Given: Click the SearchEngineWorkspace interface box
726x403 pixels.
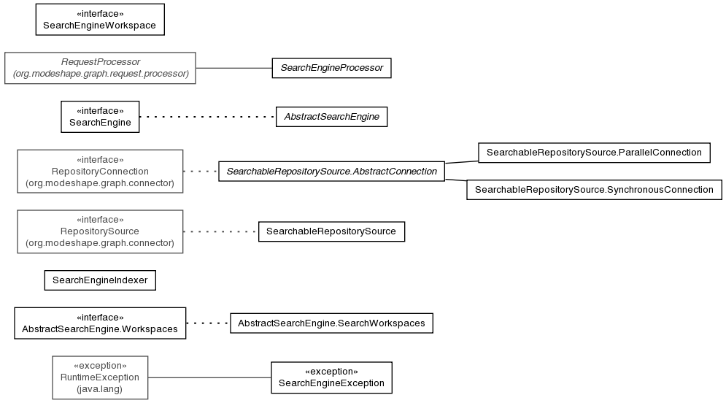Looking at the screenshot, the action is pyautogui.click(x=100, y=20).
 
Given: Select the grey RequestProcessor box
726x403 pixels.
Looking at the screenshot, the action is pyautogui.click(x=100, y=68).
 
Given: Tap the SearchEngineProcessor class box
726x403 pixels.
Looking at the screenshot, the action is pyautogui.click(x=331, y=68).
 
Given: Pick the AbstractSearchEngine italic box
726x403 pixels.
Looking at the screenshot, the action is pyautogui.click(x=331, y=117).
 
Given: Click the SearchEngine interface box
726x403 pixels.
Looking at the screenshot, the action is pyautogui.click(x=100, y=117).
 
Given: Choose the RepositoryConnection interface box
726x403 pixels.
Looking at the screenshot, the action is pyautogui.click(x=100, y=172).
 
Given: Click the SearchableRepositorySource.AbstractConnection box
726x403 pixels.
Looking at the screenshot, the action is pyautogui.click(x=331, y=172).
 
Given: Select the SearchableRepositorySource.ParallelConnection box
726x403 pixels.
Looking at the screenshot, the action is pyautogui.click(x=594, y=153).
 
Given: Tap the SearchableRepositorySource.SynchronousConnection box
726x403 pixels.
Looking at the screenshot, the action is pyautogui.click(x=594, y=190).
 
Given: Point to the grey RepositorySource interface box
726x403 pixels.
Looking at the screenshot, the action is pyautogui.click(x=100, y=231).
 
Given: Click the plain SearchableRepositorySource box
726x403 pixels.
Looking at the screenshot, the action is pyautogui.click(x=331, y=231).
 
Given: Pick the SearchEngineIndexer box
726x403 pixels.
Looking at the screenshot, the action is pyautogui.click(x=100, y=280).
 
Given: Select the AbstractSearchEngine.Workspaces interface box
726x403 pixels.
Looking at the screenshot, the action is pyautogui.click(x=100, y=323).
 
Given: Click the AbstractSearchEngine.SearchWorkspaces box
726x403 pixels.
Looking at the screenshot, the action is pyautogui.click(x=331, y=323).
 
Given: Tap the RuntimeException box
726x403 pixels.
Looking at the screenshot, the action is pyautogui.click(x=100, y=377).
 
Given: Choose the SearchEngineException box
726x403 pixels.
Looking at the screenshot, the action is pyautogui.click(x=331, y=377).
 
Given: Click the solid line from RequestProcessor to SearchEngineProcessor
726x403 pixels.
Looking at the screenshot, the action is pyautogui.click(x=233, y=68).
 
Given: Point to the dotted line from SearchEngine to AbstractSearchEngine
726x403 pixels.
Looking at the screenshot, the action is pyautogui.click(x=207, y=117).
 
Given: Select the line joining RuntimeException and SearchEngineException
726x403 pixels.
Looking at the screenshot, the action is pyautogui.click(x=209, y=377).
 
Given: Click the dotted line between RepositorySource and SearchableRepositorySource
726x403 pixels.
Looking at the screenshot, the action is pyautogui.click(x=221, y=231).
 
